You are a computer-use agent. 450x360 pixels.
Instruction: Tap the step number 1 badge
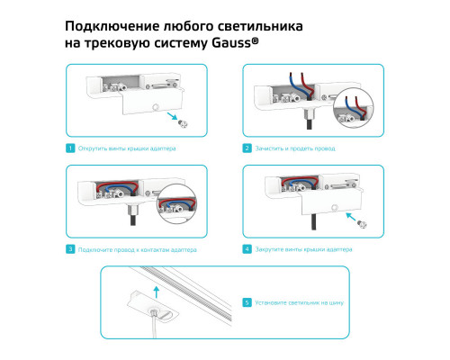click(70, 148)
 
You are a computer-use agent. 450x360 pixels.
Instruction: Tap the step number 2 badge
click(247, 148)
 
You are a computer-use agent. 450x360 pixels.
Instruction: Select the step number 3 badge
click(70, 248)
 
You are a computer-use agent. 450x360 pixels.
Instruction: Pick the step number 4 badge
click(247, 248)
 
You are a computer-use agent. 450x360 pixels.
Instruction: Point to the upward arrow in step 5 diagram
click(157, 290)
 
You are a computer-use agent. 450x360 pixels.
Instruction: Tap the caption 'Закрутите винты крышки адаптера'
click(303, 248)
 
